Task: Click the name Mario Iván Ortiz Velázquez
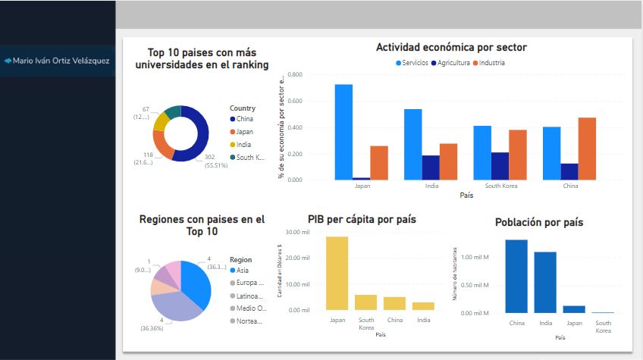61,60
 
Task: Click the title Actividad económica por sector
451,47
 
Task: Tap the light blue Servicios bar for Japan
343,132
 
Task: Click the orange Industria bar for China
587,149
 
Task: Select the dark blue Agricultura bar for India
431,167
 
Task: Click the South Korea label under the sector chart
500,186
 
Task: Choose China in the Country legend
244,119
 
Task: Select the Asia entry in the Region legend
243,271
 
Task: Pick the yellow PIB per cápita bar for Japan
337,273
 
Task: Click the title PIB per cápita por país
362,220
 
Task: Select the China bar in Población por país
516,276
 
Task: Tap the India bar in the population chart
544,282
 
